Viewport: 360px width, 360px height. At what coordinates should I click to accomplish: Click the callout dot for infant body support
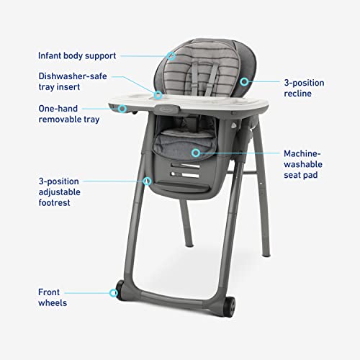(171, 55)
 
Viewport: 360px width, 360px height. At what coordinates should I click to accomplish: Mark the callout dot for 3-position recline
(245, 82)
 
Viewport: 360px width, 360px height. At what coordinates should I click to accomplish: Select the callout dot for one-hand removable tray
(123, 109)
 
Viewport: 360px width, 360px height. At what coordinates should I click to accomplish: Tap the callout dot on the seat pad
(197, 153)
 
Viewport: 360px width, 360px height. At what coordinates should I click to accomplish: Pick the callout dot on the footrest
(148, 181)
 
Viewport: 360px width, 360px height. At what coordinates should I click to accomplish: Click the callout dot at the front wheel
(114, 292)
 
